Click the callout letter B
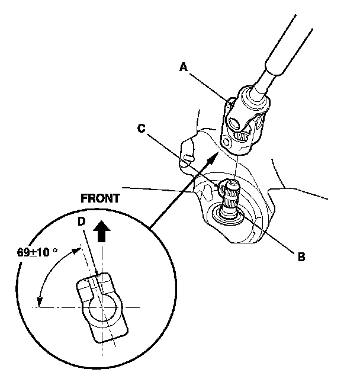pos(301,256)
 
